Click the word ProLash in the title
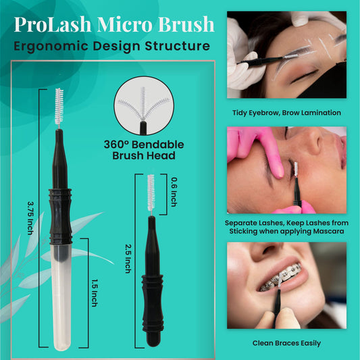(x=53, y=24)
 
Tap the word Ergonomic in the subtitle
(x=51, y=46)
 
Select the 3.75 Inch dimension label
(x=30, y=218)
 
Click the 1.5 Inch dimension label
(x=95, y=293)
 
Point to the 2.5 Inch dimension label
(x=128, y=259)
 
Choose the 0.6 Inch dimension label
(x=174, y=192)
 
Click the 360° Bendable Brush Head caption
(x=144, y=150)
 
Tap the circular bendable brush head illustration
(x=144, y=105)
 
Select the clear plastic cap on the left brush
(x=61, y=297)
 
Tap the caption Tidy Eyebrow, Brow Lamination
(x=286, y=113)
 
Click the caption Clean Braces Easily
(x=286, y=343)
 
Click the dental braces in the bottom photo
(x=282, y=278)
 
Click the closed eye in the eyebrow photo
(x=304, y=76)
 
